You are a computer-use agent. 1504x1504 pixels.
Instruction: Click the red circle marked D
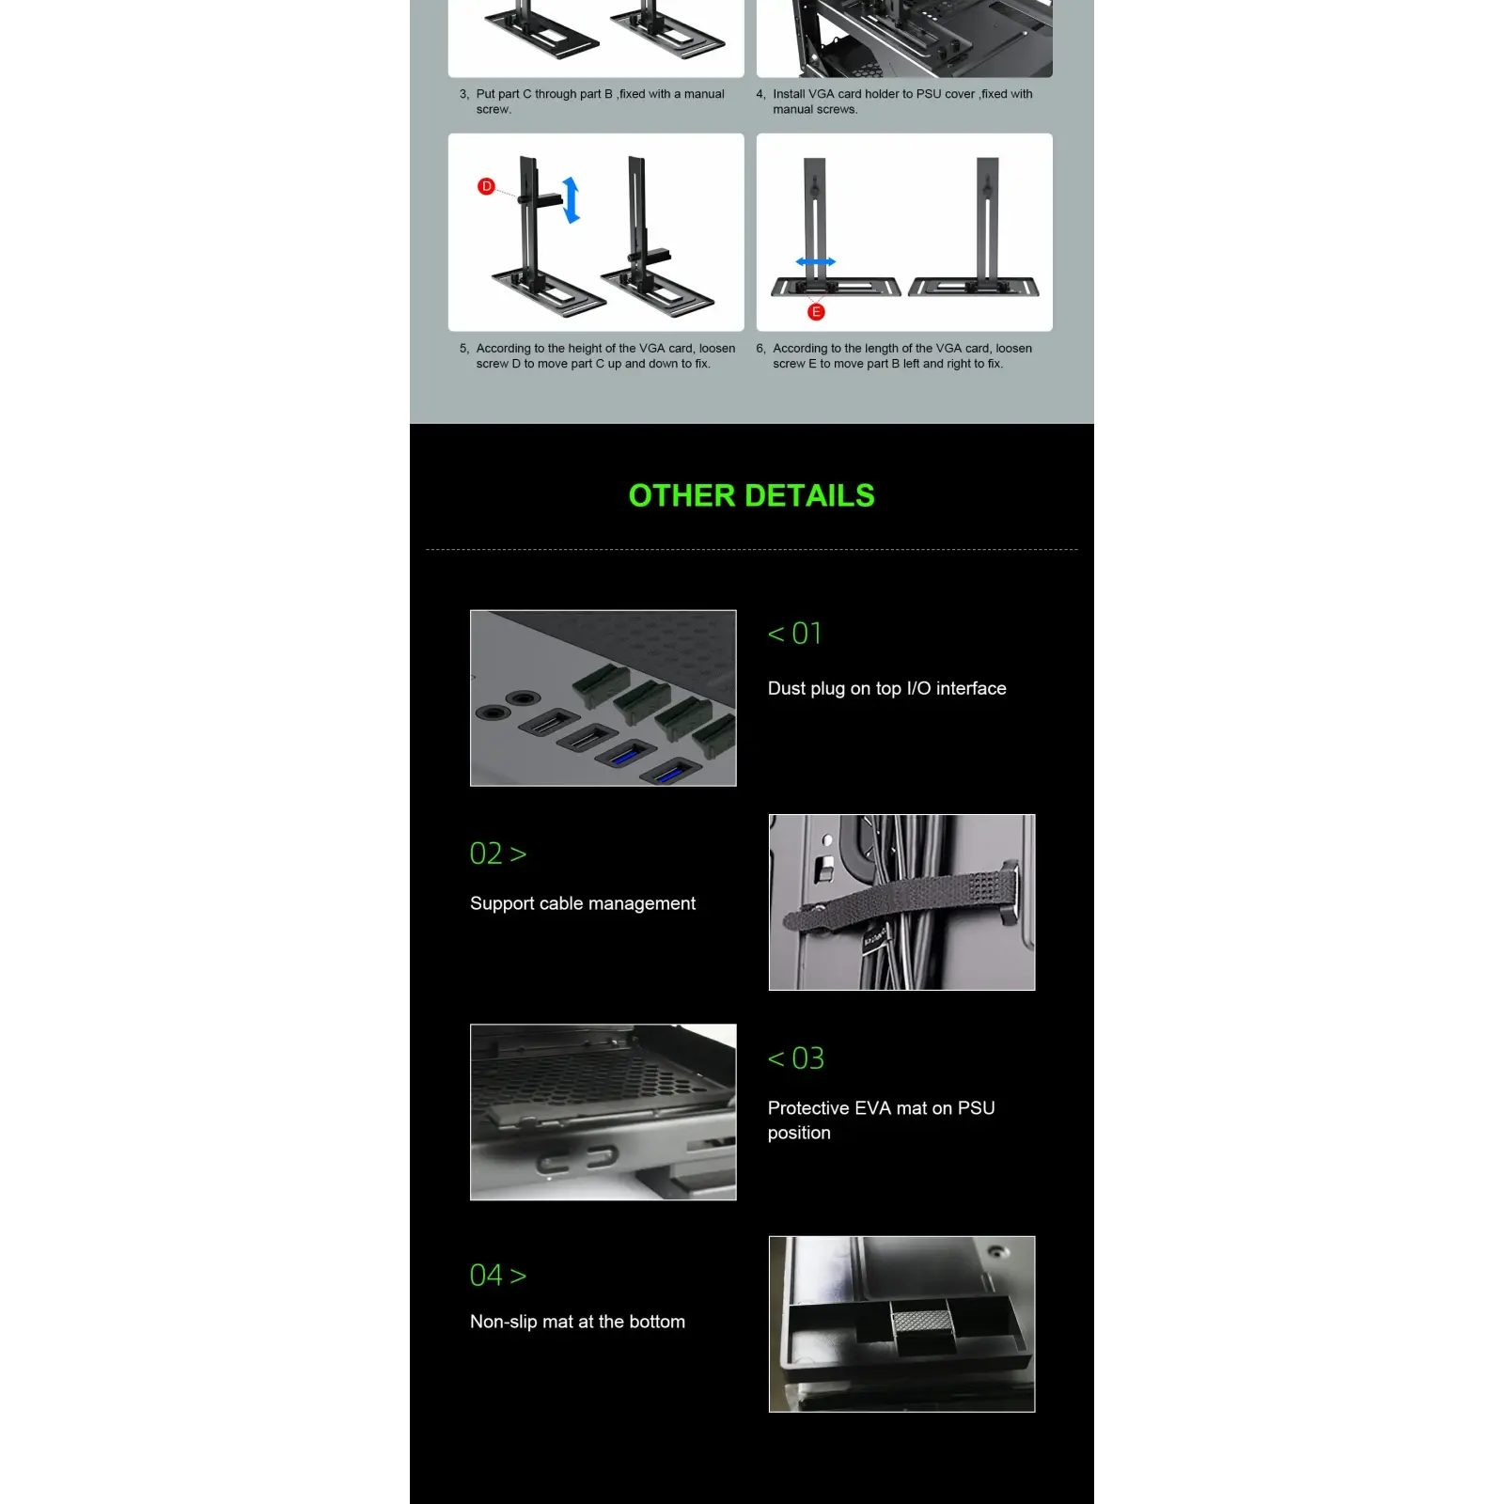click(x=486, y=186)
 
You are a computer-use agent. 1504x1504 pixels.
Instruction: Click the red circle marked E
click(x=816, y=312)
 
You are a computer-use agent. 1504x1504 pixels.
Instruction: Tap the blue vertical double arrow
click(x=571, y=199)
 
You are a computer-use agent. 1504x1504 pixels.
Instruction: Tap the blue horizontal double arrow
click(x=815, y=262)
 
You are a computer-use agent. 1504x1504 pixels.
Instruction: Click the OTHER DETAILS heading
click(x=752, y=495)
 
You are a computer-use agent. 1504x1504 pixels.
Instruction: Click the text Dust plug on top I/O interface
click(x=886, y=688)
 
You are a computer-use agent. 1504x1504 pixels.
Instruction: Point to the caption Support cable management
click(x=583, y=903)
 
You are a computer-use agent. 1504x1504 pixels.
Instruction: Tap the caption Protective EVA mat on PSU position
click(x=881, y=1120)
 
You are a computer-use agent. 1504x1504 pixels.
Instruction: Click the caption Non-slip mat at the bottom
click(x=577, y=1322)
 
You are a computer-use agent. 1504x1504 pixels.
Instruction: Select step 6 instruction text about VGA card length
click(x=894, y=355)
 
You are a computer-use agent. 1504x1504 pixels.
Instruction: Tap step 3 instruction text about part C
click(x=592, y=102)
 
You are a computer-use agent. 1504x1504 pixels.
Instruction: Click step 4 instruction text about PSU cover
click(x=894, y=102)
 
